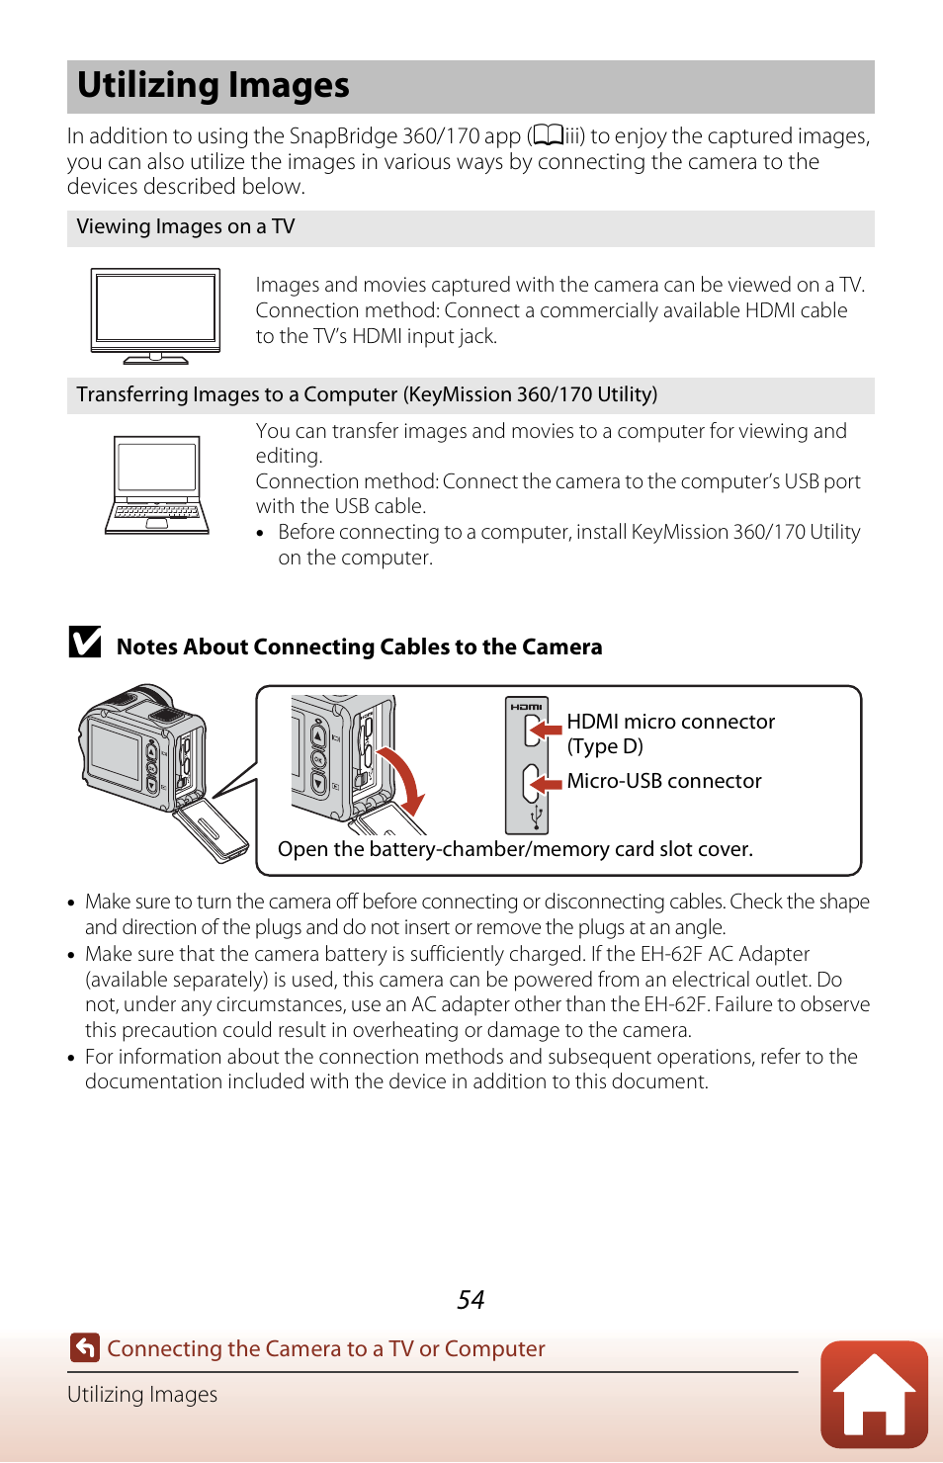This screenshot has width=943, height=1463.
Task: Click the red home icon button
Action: point(874,1394)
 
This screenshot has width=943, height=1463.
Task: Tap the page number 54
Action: point(471,1300)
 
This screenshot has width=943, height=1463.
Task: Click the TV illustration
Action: point(155,315)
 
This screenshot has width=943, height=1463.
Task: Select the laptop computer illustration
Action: point(157,484)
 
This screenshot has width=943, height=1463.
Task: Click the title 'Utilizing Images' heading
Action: point(214,86)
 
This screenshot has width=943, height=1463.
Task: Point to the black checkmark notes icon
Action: point(85,643)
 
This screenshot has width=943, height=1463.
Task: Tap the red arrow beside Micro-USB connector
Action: point(545,784)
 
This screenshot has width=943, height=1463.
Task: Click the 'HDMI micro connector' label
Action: point(670,722)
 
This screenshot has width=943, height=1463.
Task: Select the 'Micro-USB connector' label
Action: point(664,781)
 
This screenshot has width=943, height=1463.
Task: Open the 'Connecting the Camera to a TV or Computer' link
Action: point(326,1348)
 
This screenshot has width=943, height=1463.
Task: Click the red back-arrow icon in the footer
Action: point(85,1347)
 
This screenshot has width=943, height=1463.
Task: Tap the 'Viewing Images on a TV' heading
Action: point(186,227)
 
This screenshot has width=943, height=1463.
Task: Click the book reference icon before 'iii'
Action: point(549,135)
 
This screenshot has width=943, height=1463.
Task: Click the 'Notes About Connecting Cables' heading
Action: point(359,646)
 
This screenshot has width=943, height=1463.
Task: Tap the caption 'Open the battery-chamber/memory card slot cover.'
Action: point(515,849)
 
